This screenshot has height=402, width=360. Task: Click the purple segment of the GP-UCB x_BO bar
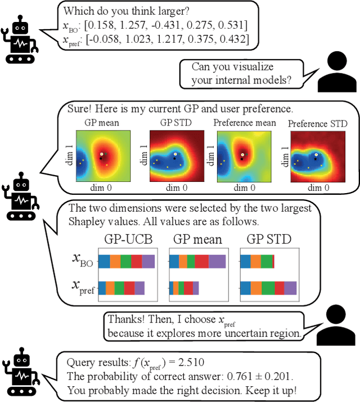point(148,261)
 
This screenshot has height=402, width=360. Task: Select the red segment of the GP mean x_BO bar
point(217,261)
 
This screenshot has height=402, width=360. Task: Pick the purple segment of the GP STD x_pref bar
point(290,288)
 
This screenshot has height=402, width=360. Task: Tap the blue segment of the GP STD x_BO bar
point(246,261)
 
